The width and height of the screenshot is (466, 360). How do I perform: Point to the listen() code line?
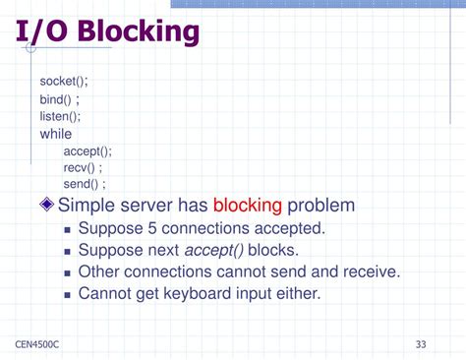click(x=61, y=117)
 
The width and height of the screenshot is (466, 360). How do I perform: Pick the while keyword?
click(x=56, y=134)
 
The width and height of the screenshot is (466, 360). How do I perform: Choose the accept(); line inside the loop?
click(x=87, y=150)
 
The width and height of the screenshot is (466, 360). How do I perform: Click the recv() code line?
click(x=83, y=167)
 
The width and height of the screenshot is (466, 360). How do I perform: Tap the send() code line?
click(x=85, y=184)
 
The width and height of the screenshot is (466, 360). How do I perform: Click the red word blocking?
click(x=248, y=206)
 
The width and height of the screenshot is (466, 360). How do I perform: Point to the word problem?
click(x=321, y=206)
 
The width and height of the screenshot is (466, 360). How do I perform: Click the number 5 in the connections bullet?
click(x=153, y=228)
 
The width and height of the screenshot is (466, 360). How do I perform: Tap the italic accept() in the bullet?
click(x=214, y=250)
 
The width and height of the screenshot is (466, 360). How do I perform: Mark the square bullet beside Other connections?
click(x=67, y=272)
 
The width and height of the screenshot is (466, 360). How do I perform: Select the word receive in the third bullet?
click(x=369, y=271)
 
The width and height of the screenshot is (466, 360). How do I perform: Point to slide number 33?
click(x=421, y=344)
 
